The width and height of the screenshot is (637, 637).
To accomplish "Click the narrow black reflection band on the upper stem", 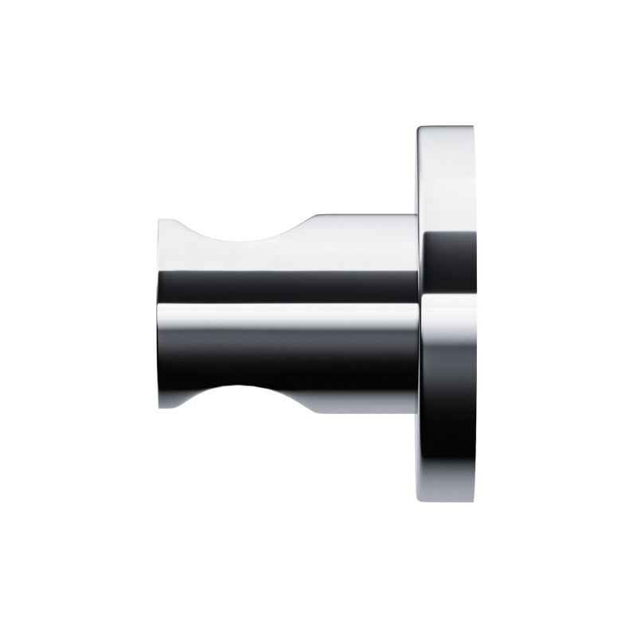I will click(x=287, y=286).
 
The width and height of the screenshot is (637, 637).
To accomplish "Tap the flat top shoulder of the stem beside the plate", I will click(x=366, y=216).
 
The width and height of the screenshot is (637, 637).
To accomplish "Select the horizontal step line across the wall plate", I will click(x=447, y=294).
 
